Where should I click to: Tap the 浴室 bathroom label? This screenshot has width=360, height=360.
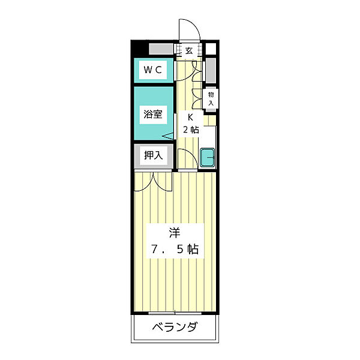tap(152, 114)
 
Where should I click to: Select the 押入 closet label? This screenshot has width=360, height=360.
tap(152, 156)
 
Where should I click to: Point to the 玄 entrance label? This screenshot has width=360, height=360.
tap(189, 51)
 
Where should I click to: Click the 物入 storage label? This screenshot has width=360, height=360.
tap(211, 99)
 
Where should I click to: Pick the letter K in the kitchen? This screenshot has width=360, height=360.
tap(190, 118)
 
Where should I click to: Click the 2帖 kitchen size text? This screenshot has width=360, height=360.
tap(190, 130)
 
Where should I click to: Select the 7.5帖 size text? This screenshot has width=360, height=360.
tap(175, 248)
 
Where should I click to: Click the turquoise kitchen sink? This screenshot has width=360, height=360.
tap(208, 158)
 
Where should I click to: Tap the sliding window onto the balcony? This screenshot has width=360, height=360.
tap(174, 313)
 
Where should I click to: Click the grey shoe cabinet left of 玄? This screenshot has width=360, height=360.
tap(161, 50)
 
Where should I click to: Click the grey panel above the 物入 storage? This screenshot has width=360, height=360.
tap(210, 71)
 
